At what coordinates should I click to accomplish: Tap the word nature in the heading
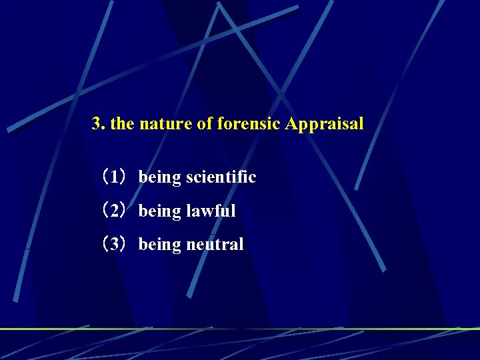coord(166,124)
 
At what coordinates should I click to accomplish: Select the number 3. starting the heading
coord(99,124)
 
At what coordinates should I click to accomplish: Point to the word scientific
coord(221,177)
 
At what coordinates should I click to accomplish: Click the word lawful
coord(211,211)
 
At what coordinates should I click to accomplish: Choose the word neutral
coord(215,245)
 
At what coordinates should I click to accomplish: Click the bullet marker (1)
coord(113,177)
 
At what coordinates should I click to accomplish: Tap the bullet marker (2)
coord(113,211)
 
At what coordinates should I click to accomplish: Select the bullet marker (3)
coord(113,245)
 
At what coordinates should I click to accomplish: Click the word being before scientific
coord(160,178)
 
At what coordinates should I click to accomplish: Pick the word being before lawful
coord(160,212)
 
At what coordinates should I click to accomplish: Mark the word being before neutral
coord(160,245)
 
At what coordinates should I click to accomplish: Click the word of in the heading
coord(205,124)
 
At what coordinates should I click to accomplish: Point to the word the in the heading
coord(122,124)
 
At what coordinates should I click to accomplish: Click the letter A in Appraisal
coord(291,123)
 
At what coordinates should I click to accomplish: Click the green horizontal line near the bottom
coord(240,329)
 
